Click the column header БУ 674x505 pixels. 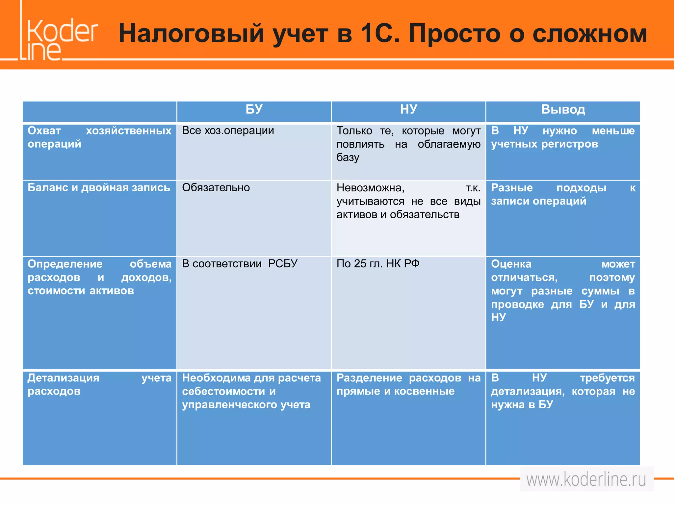254,109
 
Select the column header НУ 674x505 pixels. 408,109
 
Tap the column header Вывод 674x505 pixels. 563,109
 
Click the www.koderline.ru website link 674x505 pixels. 586,479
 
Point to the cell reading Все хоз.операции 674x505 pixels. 228,131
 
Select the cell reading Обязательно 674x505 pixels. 216,187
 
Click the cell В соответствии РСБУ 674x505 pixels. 240,264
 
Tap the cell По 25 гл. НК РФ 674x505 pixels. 378,264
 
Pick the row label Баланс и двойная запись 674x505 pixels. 99,187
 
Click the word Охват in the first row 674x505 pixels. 44,131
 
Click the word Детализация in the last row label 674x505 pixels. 63,378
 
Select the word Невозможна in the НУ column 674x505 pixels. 370,188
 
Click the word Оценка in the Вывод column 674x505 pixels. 511,264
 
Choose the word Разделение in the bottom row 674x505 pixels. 369,378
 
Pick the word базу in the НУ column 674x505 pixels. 348,158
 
